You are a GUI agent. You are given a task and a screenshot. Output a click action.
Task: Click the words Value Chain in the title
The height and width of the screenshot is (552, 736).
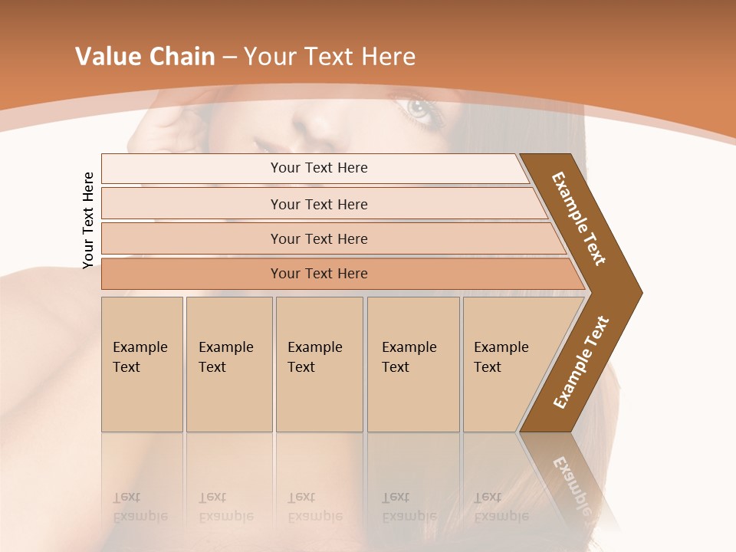pos(145,57)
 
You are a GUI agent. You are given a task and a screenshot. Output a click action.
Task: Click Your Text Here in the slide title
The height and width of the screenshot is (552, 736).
pos(330,57)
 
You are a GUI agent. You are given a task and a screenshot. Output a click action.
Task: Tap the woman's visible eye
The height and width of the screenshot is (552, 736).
pos(420,109)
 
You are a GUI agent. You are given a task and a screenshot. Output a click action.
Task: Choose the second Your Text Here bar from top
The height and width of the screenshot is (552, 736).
pos(318,204)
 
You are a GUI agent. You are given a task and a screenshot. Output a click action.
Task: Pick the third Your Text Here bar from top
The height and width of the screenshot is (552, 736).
pos(318,238)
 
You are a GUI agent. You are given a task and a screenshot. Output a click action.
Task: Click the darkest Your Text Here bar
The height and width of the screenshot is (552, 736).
pos(318,274)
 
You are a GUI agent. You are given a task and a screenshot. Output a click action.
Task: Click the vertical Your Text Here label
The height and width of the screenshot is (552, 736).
pos(88,220)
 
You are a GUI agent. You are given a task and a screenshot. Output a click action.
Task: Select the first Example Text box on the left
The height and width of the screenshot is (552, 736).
pos(142,364)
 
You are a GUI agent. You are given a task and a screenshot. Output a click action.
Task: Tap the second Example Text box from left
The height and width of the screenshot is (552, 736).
pos(228,364)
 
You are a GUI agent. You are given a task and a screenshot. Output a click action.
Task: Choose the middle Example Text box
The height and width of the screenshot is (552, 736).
pos(319,364)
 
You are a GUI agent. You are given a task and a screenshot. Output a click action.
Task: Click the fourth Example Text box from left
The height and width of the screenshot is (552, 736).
pos(412,364)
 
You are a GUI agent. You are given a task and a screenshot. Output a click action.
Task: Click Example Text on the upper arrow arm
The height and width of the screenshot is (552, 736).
pos(579,219)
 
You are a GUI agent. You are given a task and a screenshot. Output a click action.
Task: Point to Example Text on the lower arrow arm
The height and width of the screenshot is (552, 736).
pos(581,363)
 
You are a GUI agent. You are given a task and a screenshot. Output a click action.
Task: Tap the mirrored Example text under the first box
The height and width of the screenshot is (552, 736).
pos(140,508)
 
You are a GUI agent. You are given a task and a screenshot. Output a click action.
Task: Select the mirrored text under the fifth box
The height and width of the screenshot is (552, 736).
pos(501,508)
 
